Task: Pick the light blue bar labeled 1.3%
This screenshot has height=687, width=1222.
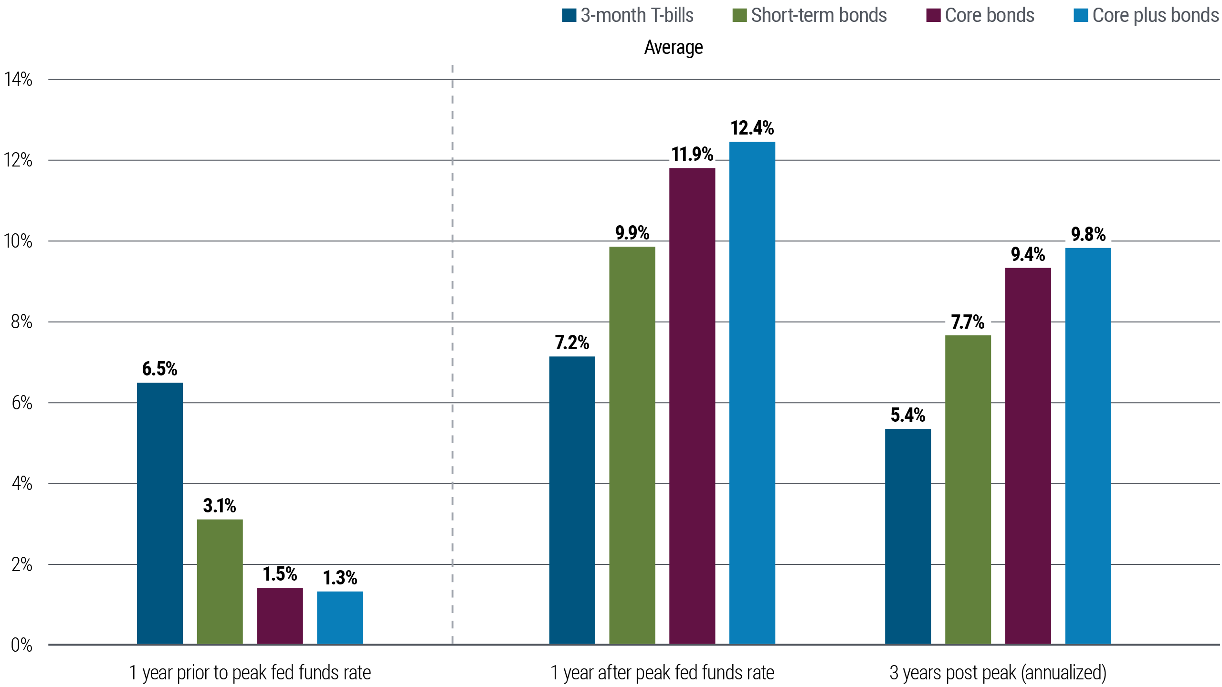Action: pos(340,617)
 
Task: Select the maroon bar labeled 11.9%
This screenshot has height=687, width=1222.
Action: pos(692,406)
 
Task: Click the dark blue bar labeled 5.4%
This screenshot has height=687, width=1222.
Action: pos(908,536)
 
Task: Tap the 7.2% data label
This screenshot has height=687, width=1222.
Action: pos(572,343)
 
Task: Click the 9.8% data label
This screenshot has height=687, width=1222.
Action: pos(1088,234)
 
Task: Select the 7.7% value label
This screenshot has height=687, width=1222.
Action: pos(968,322)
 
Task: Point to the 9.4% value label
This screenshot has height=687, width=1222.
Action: pos(1028,254)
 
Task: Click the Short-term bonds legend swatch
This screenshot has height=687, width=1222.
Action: pos(739,15)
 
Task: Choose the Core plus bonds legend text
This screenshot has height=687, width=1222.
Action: pos(1155,15)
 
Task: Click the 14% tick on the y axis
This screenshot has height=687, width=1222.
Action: pos(19,79)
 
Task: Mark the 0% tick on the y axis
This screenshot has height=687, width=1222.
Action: pos(21,645)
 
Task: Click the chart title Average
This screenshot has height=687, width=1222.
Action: pos(673,47)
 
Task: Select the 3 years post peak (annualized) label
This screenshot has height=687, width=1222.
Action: pos(998,673)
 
